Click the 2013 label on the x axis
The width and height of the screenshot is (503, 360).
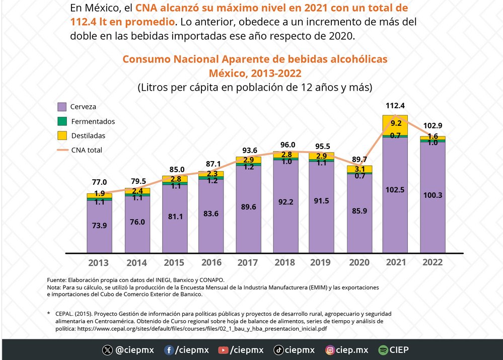pos(98,262)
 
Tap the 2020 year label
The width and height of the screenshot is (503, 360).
pos(359,262)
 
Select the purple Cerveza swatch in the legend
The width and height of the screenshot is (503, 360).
pos(62,107)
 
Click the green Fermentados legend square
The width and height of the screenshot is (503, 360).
pos(62,121)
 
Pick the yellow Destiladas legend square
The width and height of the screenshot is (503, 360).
pos(62,135)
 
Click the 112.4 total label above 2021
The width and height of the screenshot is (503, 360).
pos(395,106)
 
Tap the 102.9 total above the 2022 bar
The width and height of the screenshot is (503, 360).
pos(433,125)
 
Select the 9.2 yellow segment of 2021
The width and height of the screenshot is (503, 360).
pos(395,123)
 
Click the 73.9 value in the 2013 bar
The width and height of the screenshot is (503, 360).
pos(100,226)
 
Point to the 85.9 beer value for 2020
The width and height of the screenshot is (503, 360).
pos(360,211)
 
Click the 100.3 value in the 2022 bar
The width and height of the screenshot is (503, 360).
pos(433,195)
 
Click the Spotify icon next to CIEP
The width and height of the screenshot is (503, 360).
pos(383,350)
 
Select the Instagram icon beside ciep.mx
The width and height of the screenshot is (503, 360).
pos(330,350)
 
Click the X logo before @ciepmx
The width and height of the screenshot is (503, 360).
pos(107,350)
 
